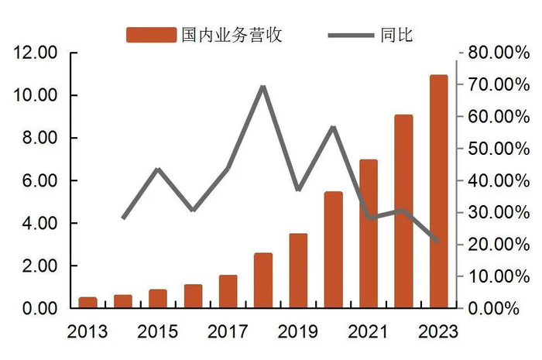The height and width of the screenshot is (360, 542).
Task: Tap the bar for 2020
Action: pos(334,249)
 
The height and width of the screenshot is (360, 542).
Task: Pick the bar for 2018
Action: pos(263,280)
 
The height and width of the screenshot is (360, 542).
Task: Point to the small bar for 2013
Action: pos(88,303)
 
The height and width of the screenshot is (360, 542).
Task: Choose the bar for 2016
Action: pos(194,297)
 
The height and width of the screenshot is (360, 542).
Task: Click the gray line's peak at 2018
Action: pos(263,87)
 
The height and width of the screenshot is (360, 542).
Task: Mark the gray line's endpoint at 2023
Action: pos(438,242)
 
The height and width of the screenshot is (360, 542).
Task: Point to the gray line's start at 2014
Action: pos(124,218)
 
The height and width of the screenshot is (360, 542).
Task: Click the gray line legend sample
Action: pos(352,35)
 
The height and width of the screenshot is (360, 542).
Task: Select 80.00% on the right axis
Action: pos(490,53)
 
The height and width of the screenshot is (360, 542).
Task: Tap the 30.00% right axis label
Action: pos(490,212)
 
